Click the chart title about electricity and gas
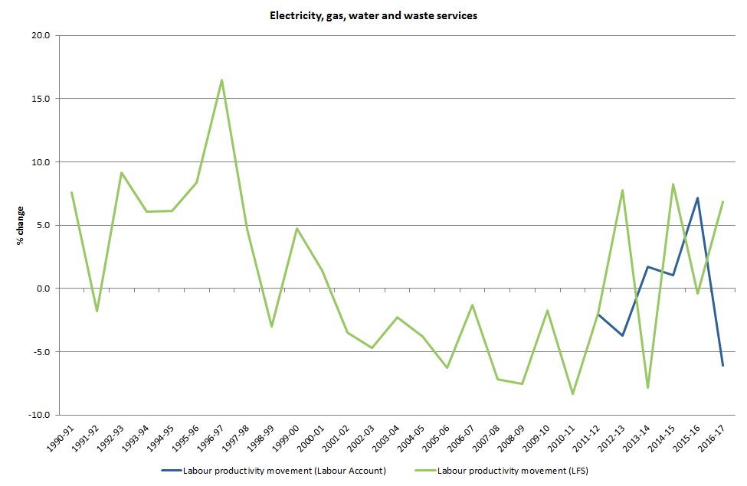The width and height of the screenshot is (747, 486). coord(373,15)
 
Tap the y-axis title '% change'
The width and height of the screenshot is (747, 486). coord(21,226)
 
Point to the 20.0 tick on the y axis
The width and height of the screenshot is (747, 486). coord(41,35)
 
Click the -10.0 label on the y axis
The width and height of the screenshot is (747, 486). coord(39,415)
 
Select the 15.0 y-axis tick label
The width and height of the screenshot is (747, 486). coord(41,99)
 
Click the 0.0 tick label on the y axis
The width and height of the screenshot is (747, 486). coord(43,289)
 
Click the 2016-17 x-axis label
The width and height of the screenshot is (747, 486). coord(716,439)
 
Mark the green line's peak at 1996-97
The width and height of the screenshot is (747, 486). coord(222,80)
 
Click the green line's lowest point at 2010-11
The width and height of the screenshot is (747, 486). coord(572,394)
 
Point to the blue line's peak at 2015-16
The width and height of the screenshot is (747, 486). coord(697,197)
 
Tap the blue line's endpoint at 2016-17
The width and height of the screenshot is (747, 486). coord(722,366)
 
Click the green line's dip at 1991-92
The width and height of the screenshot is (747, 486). coord(97,311)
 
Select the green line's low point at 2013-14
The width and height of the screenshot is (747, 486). coord(647,388)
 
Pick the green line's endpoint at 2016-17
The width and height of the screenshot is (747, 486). coord(722,202)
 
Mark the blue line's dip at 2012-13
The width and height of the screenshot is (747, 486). coord(622,336)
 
